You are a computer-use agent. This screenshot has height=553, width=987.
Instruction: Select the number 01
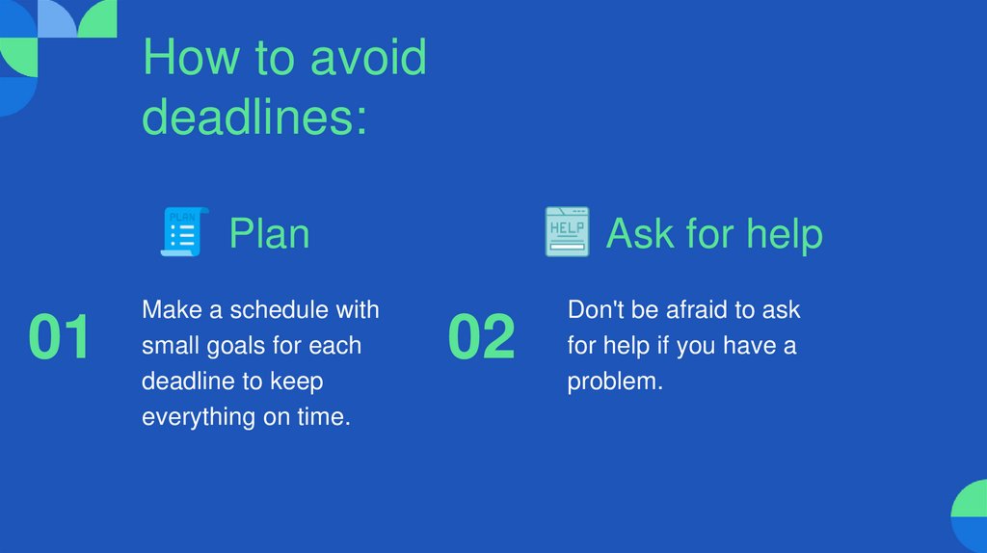click(59, 338)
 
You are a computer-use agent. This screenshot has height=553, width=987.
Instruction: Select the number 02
click(482, 338)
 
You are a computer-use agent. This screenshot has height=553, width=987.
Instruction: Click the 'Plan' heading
click(269, 233)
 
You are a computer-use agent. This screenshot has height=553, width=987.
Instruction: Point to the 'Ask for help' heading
click(714, 233)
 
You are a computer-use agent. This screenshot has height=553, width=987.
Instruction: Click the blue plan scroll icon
click(183, 231)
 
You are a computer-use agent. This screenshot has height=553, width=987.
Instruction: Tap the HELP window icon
click(567, 231)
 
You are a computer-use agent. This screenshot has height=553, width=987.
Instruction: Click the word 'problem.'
click(615, 382)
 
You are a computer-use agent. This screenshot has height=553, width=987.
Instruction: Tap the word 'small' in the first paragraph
click(171, 346)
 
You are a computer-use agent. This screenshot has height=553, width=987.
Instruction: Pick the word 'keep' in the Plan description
click(297, 382)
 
